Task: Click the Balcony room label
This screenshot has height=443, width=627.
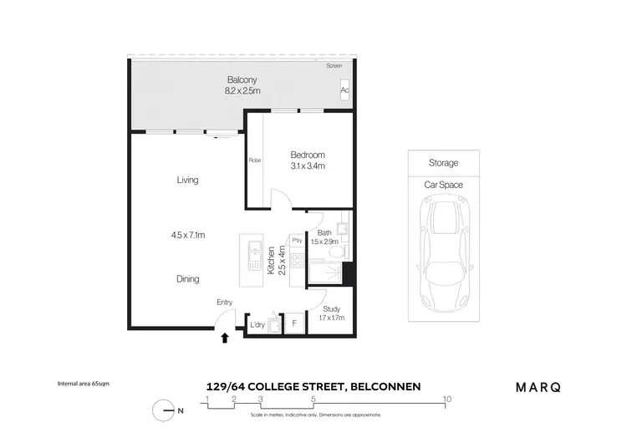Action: click(x=240, y=80)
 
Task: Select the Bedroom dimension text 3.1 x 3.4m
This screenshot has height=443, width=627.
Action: click(x=307, y=166)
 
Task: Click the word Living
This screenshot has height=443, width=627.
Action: click(x=187, y=180)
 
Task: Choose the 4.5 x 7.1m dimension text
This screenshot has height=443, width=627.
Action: click(x=188, y=236)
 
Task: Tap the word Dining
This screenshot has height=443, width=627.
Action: click(x=187, y=279)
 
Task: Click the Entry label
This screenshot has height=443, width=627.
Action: click(x=224, y=303)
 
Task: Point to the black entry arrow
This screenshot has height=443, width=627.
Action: click(x=224, y=338)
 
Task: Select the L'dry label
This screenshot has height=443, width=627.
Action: click(x=257, y=324)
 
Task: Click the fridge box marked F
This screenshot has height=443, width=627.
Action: click(x=295, y=323)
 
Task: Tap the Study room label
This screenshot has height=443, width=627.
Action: click(x=332, y=308)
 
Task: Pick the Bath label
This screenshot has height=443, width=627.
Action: click(x=324, y=233)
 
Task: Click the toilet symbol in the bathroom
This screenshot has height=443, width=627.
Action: click(x=334, y=252)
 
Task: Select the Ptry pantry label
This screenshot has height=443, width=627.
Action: click(x=296, y=241)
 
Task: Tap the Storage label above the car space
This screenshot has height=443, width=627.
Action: click(x=443, y=163)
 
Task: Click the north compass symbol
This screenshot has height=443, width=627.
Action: click(x=163, y=410)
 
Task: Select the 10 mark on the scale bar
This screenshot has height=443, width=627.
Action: click(x=447, y=399)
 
